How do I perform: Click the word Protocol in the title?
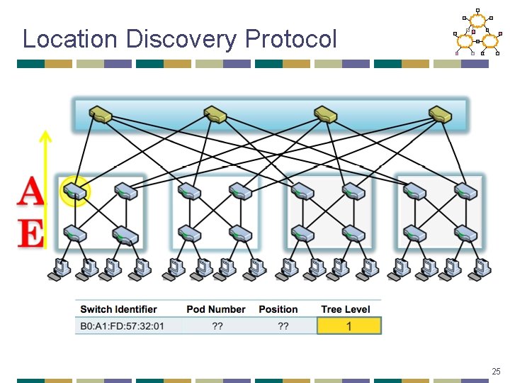[291, 38]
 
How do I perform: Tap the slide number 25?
[496, 371]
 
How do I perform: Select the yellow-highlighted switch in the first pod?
[74, 191]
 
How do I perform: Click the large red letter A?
[30, 192]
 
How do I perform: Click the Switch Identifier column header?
[118, 309]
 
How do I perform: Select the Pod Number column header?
[215, 309]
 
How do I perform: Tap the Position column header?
[278, 309]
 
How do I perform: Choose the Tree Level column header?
[346, 309]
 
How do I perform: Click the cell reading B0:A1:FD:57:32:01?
[123, 326]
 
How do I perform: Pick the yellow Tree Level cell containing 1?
[349, 326]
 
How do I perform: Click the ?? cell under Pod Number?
[217, 326]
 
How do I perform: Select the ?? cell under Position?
[283, 326]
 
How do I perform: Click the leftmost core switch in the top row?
[101, 113]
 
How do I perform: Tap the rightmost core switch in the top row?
[440, 113]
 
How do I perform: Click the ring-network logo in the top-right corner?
[477, 33]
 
